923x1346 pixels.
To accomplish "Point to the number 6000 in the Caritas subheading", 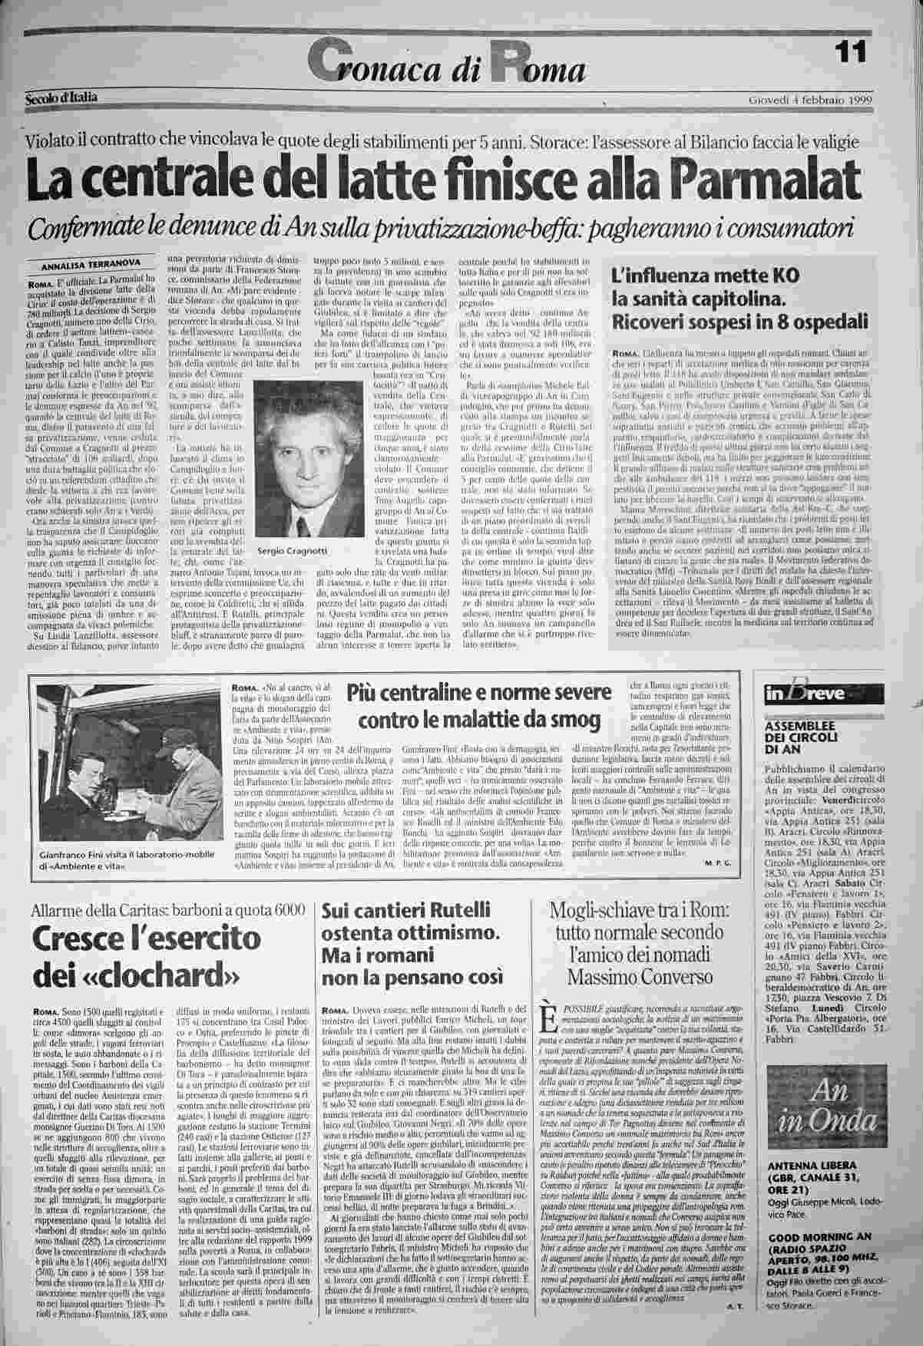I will click(289, 910).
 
